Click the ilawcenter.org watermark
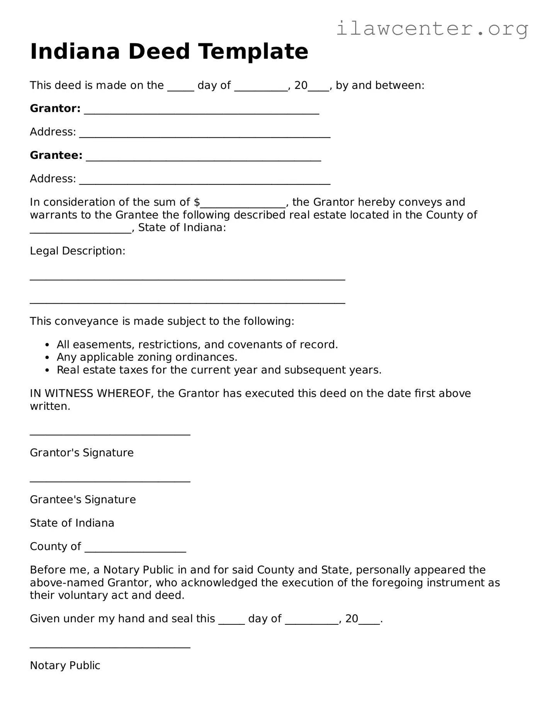coord(432,29)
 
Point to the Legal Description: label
coord(78,251)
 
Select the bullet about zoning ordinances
coord(147,357)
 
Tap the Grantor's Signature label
coord(81,453)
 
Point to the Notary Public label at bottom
coord(65,665)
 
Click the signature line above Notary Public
coord(110,647)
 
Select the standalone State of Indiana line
coord(72,523)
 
